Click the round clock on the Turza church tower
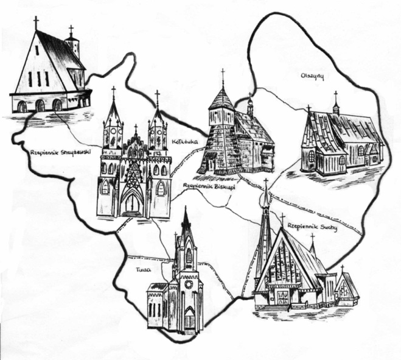point(188,284)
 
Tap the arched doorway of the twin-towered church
point(131,203)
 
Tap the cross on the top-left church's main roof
point(36,23)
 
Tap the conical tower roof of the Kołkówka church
point(222,99)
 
